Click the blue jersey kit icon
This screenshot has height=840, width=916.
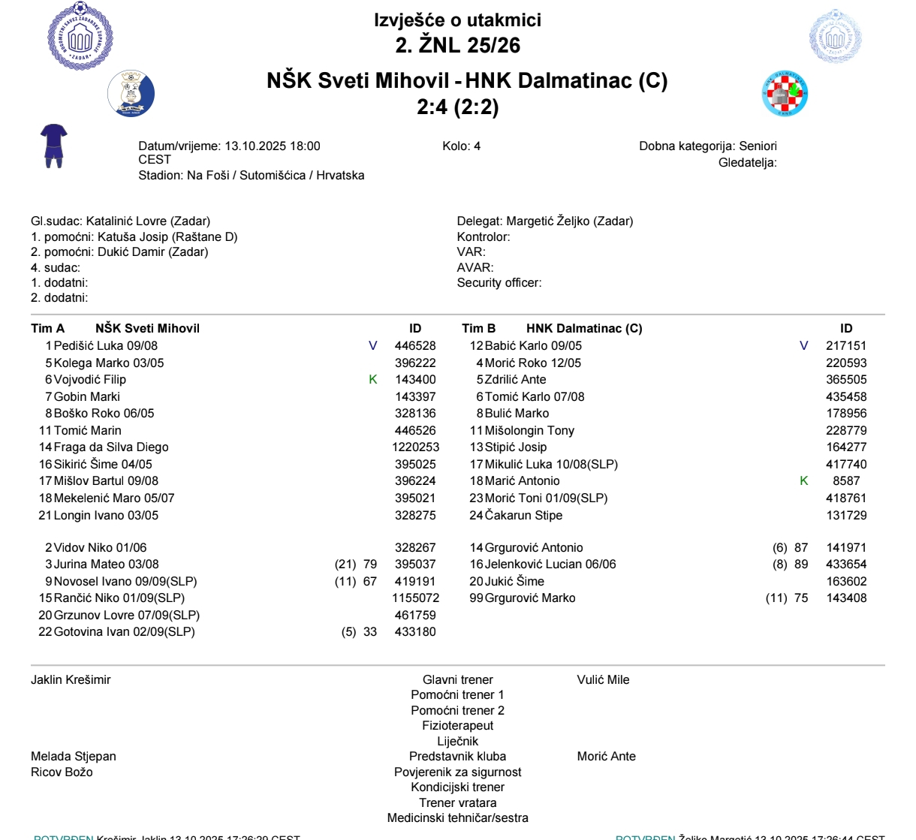click(54, 146)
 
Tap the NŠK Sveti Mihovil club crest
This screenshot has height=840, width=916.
click(131, 93)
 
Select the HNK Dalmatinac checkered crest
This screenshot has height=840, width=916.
click(785, 94)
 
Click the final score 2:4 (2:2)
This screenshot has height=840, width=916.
click(457, 107)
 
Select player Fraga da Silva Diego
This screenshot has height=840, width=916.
click(111, 447)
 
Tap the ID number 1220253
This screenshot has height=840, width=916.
click(415, 447)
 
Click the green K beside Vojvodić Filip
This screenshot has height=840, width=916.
click(373, 380)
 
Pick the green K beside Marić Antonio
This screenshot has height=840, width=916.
click(804, 481)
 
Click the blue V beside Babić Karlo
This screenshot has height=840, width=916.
click(804, 346)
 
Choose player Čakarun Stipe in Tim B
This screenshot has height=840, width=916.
click(523, 516)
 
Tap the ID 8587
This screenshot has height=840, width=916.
click(846, 481)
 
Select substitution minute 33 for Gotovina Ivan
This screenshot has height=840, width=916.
click(370, 632)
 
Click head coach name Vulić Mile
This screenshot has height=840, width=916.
click(603, 680)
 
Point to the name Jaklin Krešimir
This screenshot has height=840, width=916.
click(71, 680)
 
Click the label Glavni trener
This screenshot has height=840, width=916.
click(457, 680)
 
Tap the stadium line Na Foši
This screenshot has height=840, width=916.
click(252, 176)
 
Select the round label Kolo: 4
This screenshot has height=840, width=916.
click(461, 146)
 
